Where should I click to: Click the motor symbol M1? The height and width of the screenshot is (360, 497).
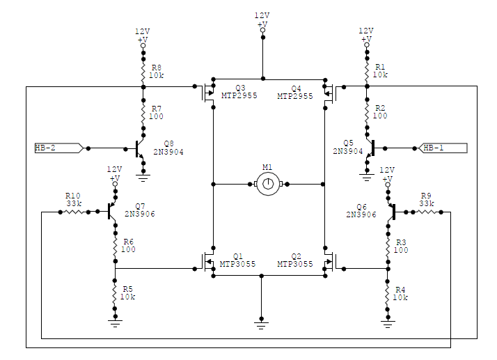click(268, 184)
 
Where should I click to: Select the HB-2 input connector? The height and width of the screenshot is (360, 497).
click(59, 148)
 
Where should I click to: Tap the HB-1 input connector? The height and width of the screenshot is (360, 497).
click(443, 148)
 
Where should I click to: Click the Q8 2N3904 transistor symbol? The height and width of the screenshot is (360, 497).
click(139, 148)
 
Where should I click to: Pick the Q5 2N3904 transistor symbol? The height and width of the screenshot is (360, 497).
click(370, 148)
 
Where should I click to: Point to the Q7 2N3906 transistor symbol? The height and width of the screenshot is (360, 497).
click(111, 211)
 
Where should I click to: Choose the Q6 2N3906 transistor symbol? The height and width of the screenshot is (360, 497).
click(391, 212)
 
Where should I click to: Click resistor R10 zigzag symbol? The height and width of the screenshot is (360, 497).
click(74, 212)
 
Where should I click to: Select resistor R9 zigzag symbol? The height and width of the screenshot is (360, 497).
click(427, 212)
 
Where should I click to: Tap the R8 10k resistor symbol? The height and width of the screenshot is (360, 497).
click(143, 72)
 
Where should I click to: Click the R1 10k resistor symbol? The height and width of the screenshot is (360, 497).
click(367, 72)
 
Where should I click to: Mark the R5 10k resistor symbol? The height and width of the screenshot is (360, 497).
click(115, 295)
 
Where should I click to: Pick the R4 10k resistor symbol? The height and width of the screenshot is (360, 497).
click(387, 295)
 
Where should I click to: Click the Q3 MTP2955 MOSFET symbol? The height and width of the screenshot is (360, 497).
click(208, 93)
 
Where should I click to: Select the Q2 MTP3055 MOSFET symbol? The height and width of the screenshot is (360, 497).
click(330, 262)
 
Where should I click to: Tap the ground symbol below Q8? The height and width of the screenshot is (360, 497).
click(143, 178)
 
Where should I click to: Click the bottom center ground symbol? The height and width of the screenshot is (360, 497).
click(261, 325)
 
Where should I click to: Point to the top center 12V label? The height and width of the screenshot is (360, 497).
click(262, 15)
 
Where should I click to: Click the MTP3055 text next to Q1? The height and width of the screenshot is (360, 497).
click(238, 264)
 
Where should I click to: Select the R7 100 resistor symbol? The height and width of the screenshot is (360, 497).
click(143, 114)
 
